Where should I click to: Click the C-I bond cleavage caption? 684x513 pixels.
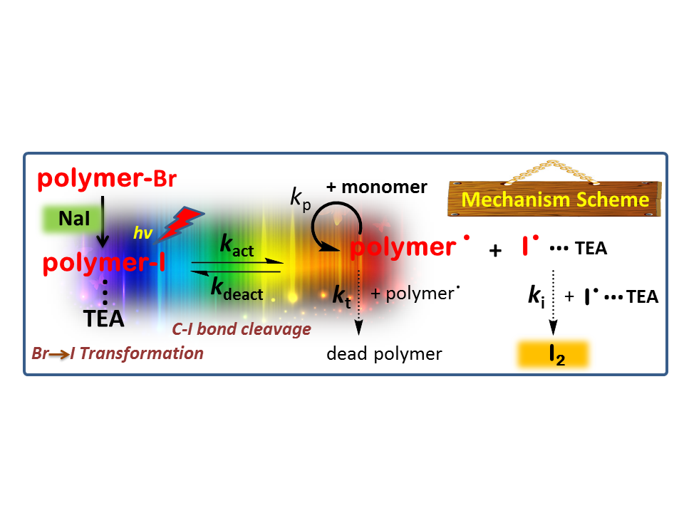pyautogui.click(x=241, y=329)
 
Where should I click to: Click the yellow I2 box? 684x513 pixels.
pyautogui.click(x=552, y=354)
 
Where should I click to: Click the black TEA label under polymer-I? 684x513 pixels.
pyautogui.click(x=105, y=318)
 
